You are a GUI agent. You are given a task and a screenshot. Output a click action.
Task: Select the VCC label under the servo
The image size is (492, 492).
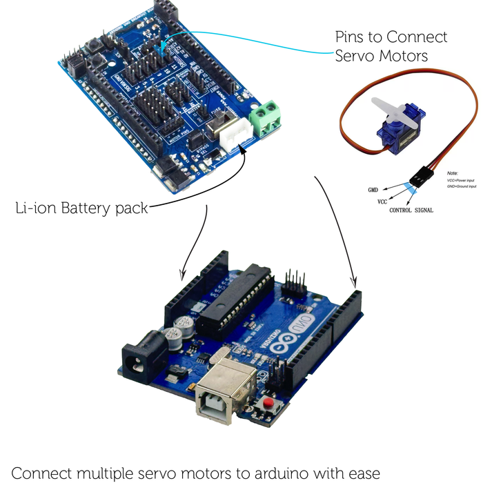click(382, 201)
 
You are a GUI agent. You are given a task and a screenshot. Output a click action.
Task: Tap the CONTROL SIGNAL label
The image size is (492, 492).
click(411, 210)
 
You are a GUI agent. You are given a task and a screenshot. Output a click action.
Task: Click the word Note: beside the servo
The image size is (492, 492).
click(453, 173)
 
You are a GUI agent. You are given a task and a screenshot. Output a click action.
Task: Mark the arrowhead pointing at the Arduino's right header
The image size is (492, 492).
click(354, 282)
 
